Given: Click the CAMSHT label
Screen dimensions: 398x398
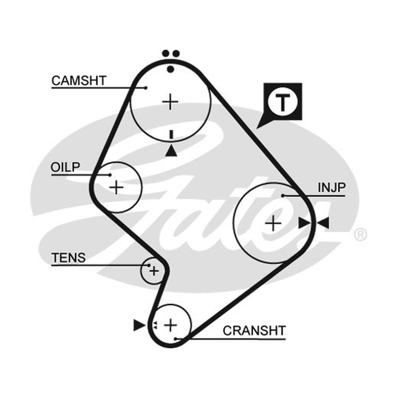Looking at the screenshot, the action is click(79, 81).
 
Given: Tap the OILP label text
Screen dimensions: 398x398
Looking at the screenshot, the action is click(65, 167).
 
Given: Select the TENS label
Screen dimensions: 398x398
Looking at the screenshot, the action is click(68, 258).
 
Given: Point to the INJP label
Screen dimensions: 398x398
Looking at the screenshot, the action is click(331, 188).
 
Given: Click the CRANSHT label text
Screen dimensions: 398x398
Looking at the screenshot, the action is click(254, 330).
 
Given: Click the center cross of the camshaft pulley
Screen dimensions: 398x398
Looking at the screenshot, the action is click(170, 102).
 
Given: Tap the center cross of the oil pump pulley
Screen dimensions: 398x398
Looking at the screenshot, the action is click(116, 188).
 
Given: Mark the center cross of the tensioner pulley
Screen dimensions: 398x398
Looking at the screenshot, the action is click(154, 271).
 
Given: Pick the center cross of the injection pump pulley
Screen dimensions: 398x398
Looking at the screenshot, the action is click(273, 223).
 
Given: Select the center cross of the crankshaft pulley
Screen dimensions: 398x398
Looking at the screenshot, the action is click(171, 325).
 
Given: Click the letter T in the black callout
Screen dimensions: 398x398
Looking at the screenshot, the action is click(283, 102).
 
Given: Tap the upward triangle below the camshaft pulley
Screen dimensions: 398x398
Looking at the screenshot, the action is click(171, 151).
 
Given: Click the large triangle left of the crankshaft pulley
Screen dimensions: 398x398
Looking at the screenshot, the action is click(139, 325).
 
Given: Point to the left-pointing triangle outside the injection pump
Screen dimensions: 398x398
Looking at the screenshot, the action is click(323, 223).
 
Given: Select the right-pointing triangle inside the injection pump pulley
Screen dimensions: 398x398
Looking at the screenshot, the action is click(304, 223).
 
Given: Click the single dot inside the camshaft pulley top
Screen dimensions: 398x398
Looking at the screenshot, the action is click(171, 69).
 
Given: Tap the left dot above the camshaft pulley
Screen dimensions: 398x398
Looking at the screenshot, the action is click(166, 54).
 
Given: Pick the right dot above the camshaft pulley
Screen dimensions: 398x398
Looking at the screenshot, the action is click(176, 54).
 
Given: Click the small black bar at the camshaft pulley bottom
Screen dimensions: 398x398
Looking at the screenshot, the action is click(171, 134).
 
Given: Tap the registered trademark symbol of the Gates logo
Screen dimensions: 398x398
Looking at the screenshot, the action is click(360, 234).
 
